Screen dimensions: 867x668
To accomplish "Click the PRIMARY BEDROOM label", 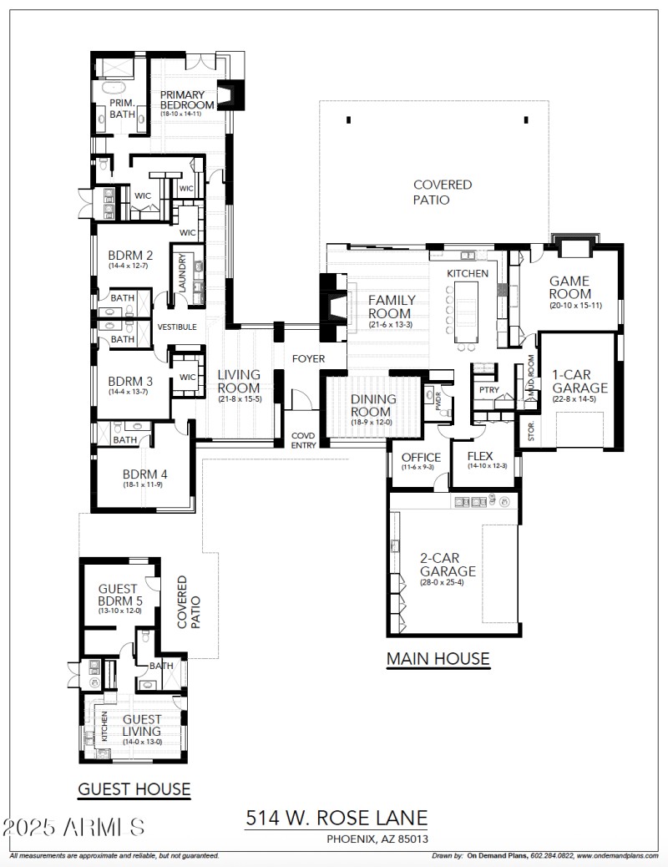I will [187, 99].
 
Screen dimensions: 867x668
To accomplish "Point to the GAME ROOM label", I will [570, 287].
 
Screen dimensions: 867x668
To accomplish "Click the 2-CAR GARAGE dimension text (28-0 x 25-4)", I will [448, 582].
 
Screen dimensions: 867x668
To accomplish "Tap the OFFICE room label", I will [421, 458].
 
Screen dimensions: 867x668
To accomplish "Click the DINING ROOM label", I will [373, 405].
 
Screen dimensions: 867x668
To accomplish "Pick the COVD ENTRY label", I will [303, 440].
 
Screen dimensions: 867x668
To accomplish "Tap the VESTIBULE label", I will [177, 327].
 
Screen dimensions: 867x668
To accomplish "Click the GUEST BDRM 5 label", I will [117, 595].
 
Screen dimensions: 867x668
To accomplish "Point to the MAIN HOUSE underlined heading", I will [438, 659].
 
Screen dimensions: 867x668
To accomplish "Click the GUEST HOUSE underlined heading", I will [134, 788].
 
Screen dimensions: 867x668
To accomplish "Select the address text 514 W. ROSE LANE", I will [337, 818].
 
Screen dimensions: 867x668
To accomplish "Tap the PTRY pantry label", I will [488, 389].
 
